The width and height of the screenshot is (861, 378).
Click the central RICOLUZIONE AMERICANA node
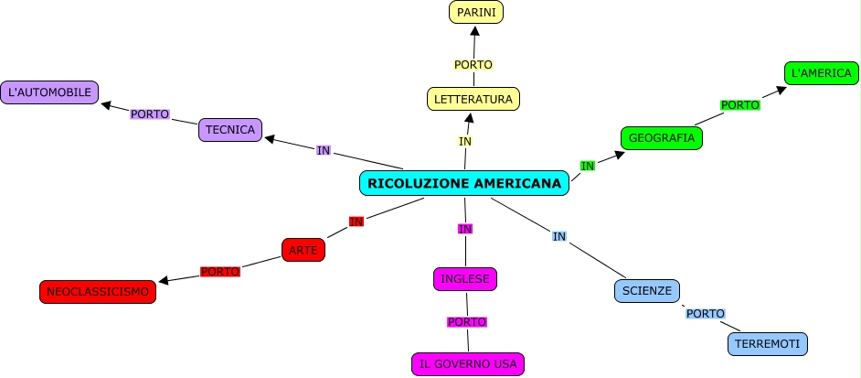pyautogui.click(x=464, y=183)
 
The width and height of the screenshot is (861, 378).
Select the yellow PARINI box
pyautogui.click(x=476, y=12)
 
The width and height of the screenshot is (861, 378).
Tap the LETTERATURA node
pyautogui.click(x=473, y=98)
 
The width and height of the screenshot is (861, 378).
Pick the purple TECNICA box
pyautogui.click(x=230, y=130)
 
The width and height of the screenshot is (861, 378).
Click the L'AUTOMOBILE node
pyautogui.click(x=49, y=92)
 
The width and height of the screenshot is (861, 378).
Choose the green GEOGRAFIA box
pyautogui.click(x=662, y=138)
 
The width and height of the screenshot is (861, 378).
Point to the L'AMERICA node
pyautogui.click(x=821, y=72)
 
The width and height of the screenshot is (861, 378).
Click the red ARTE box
pyautogui.click(x=303, y=249)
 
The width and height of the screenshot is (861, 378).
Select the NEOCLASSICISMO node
pyautogui.click(x=98, y=291)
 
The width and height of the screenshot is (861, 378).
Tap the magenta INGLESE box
pyautogui.click(x=465, y=278)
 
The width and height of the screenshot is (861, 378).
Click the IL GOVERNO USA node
pyautogui.click(x=468, y=363)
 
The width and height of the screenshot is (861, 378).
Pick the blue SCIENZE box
pyautogui.click(x=647, y=291)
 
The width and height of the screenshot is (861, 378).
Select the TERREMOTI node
pyautogui.click(x=768, y=343)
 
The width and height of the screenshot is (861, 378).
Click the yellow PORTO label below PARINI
pyautogui.click(x=473, y=65)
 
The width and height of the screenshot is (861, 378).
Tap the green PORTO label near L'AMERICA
pyautogui.click(x=740, y=105)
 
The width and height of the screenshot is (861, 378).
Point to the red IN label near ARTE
pyautogui.click(x=356, y=221)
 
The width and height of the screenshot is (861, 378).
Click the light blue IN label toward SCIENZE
pyautogui.click(x=559, y=236)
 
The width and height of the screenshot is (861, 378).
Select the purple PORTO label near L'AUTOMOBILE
pyautogui.click(x=150, y=114)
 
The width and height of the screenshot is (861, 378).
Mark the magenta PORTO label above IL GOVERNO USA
pyautogui.click(x=466, y=321)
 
